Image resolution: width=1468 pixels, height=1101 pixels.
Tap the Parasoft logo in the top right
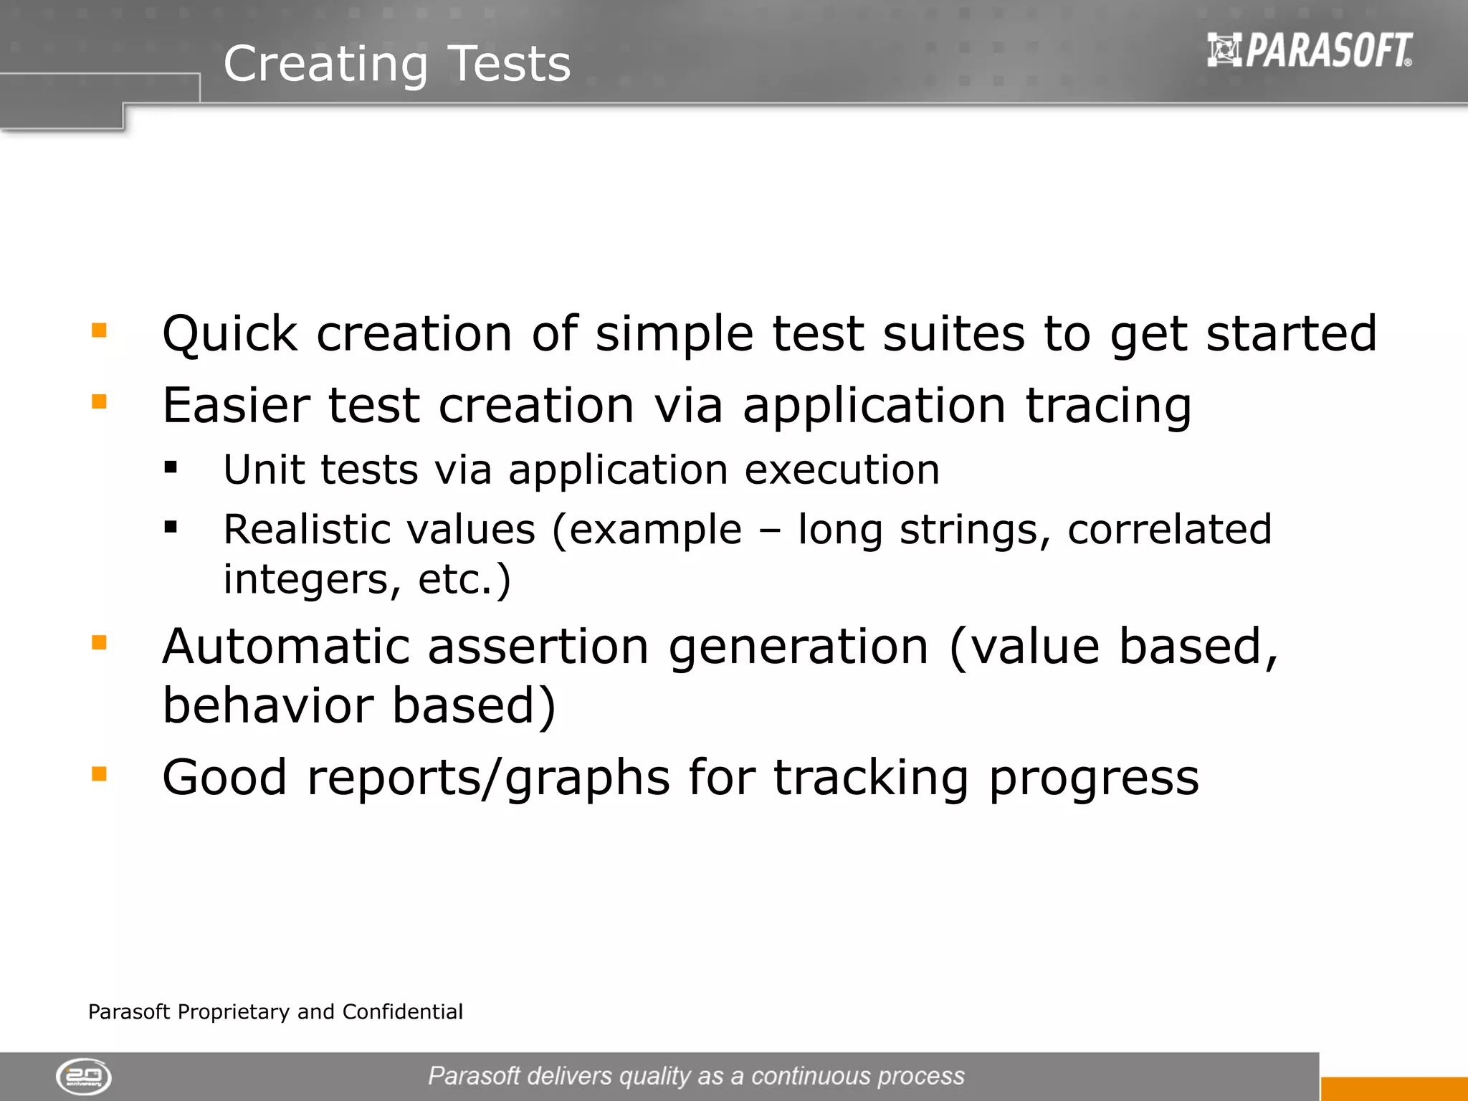[x=1310, y=50]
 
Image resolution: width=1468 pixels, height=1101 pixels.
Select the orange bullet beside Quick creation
[x=99, y=330]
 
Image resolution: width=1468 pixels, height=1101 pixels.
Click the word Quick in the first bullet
[x=229, y=334]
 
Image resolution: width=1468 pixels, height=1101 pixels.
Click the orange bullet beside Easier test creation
[x=99, y=401]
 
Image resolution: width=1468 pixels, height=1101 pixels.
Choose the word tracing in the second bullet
[x=1108, y=407]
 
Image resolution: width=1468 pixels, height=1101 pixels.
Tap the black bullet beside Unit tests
[x=171, y=468]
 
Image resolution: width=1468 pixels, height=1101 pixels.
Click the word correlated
[x=1169, y=530]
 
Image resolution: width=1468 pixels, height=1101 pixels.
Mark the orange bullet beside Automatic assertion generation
[x=99, y=642]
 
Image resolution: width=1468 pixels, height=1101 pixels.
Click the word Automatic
[x=285, y=647]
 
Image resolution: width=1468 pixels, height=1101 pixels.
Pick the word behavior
[x=268, y=705]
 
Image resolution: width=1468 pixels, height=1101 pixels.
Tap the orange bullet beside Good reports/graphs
[x=99, y=773]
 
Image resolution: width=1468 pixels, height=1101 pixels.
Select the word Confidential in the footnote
[x=402, y=1011]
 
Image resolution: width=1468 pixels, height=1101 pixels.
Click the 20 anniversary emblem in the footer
[x=84, y=1077]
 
